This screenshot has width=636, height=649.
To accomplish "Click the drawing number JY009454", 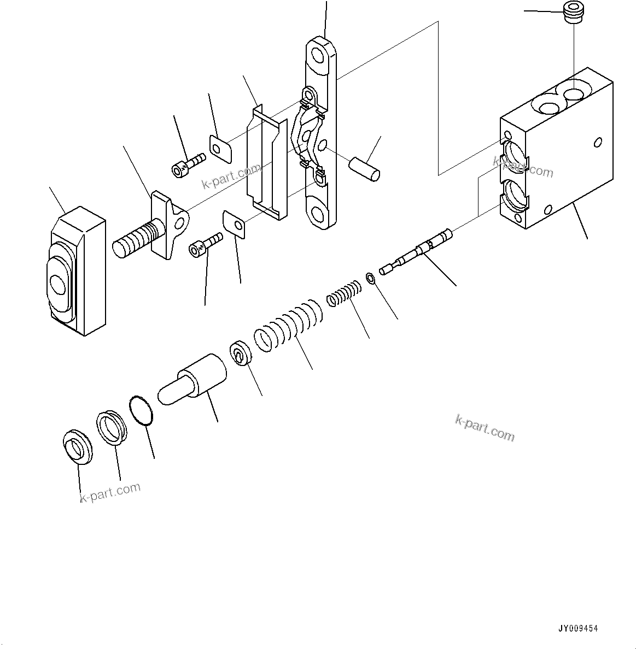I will (x=579, y=629).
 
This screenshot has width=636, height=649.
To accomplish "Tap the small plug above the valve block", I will (x=573, y=14).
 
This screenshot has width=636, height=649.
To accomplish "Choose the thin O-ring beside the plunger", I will (x=142, y=410).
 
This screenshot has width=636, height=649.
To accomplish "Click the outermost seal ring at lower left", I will (x=78, y=447).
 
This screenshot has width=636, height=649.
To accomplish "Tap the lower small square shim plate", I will (x=234, y=224).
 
